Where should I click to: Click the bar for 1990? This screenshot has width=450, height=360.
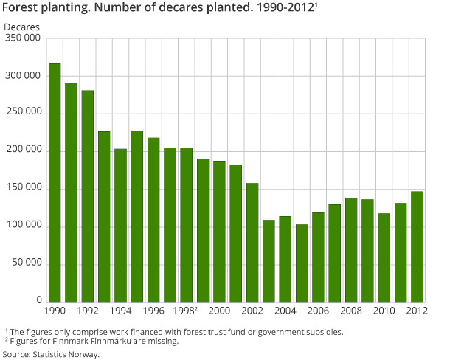pyautogui.click(x=55, y=182)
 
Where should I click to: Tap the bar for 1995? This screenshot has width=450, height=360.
pyautogui.click(x=137, y=215)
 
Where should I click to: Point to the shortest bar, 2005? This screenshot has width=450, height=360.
pyautogui.click(x=302, y=263)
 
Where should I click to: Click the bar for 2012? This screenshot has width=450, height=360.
pyautogui.click(x=417, y=246)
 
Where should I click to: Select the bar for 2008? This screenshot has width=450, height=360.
pyautogui.click(x=351, y=249)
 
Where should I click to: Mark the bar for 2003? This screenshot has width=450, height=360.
pyautogui.click(x=269, y=260)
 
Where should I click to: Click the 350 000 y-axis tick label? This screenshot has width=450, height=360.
pyautogui.click(x=22, y=38)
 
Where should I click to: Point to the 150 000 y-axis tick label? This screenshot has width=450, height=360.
pyautogui.click(x=22, y=188)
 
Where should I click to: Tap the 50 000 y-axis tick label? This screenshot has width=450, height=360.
pyautogui.click(x=24, y=263)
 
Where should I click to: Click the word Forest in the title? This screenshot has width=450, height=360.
pyautogui.click(x=20, y=10)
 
